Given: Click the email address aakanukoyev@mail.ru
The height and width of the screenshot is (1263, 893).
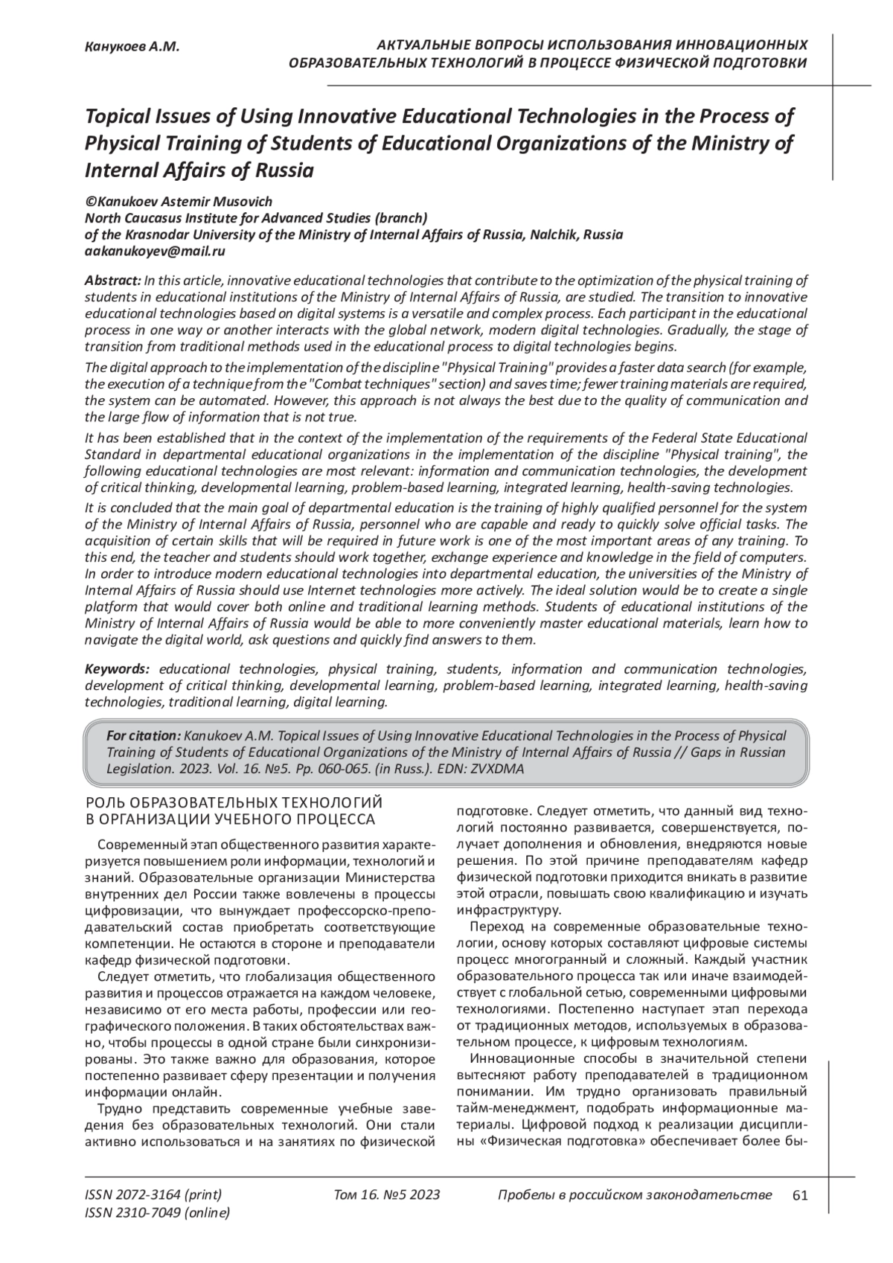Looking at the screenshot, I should (155, 251).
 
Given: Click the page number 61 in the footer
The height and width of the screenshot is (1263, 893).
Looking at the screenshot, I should (801, 1195).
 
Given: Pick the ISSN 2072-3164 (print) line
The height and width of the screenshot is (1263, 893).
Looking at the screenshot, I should (153, 1195).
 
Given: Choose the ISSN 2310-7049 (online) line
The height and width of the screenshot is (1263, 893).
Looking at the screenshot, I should (157, 1213).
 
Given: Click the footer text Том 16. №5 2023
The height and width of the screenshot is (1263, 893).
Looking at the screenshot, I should (387, 1195).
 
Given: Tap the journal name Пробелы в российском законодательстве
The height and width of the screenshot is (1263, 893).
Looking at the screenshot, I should (634, 1195).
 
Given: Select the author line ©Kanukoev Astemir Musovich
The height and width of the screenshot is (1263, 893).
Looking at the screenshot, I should (179, 202).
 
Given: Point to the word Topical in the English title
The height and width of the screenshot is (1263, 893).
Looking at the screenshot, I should (121, 117).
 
